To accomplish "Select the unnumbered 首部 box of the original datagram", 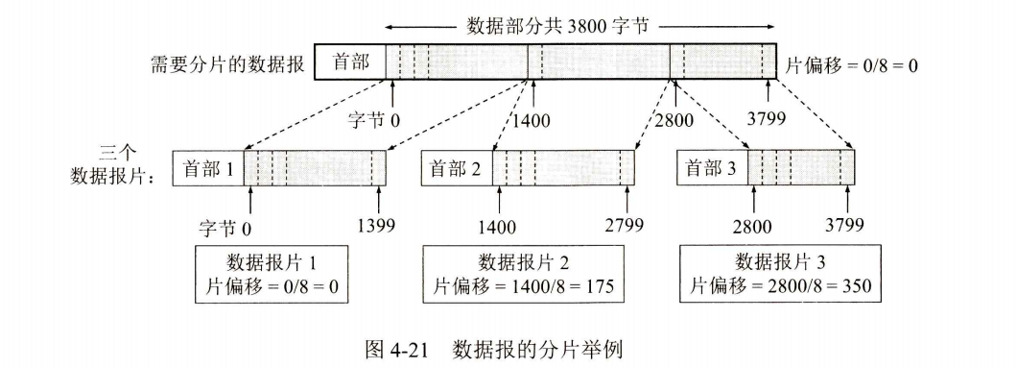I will pyautogui.click(x=349, y=64).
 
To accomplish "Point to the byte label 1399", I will pyautogui.click(x=376, y=227).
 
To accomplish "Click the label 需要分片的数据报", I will pyautogui.click(x=227, y=65).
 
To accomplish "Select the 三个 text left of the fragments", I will pyautogui.click(x=119, y=153).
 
